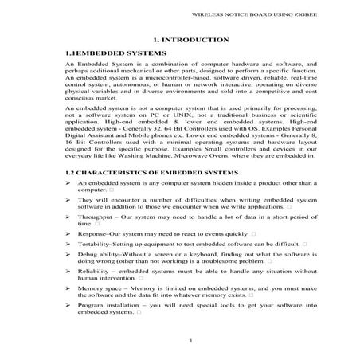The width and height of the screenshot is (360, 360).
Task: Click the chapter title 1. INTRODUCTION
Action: tap(179, 40)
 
